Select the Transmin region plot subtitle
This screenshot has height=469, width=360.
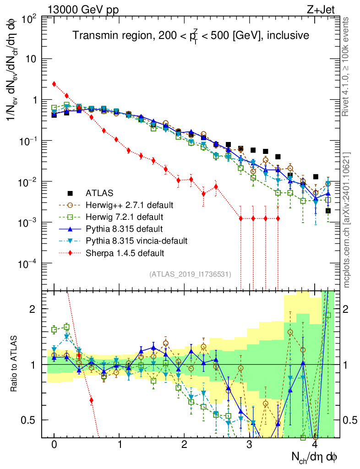[x=191, y=35]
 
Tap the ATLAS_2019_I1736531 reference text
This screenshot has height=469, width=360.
[x=190, y=274]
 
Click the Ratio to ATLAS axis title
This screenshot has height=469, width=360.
[x=15, y=364]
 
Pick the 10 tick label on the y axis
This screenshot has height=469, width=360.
[x=31, y=59]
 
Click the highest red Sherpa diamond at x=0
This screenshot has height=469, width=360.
[x=54, y=84]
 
